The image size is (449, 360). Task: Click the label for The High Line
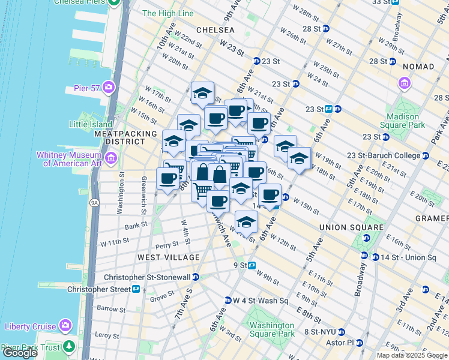(168, 13)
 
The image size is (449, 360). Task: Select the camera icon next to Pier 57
(108, 88)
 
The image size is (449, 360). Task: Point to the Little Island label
(92, 124)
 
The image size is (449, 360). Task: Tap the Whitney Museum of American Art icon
(110, 158)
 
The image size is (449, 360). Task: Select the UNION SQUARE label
(351, 227)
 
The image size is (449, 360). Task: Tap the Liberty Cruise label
(30, 326)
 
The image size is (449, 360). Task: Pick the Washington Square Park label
(272, 329)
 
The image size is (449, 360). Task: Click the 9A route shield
(94, 203)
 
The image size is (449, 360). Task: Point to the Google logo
(20, 353)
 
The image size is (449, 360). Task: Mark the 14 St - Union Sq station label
(407, 257)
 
